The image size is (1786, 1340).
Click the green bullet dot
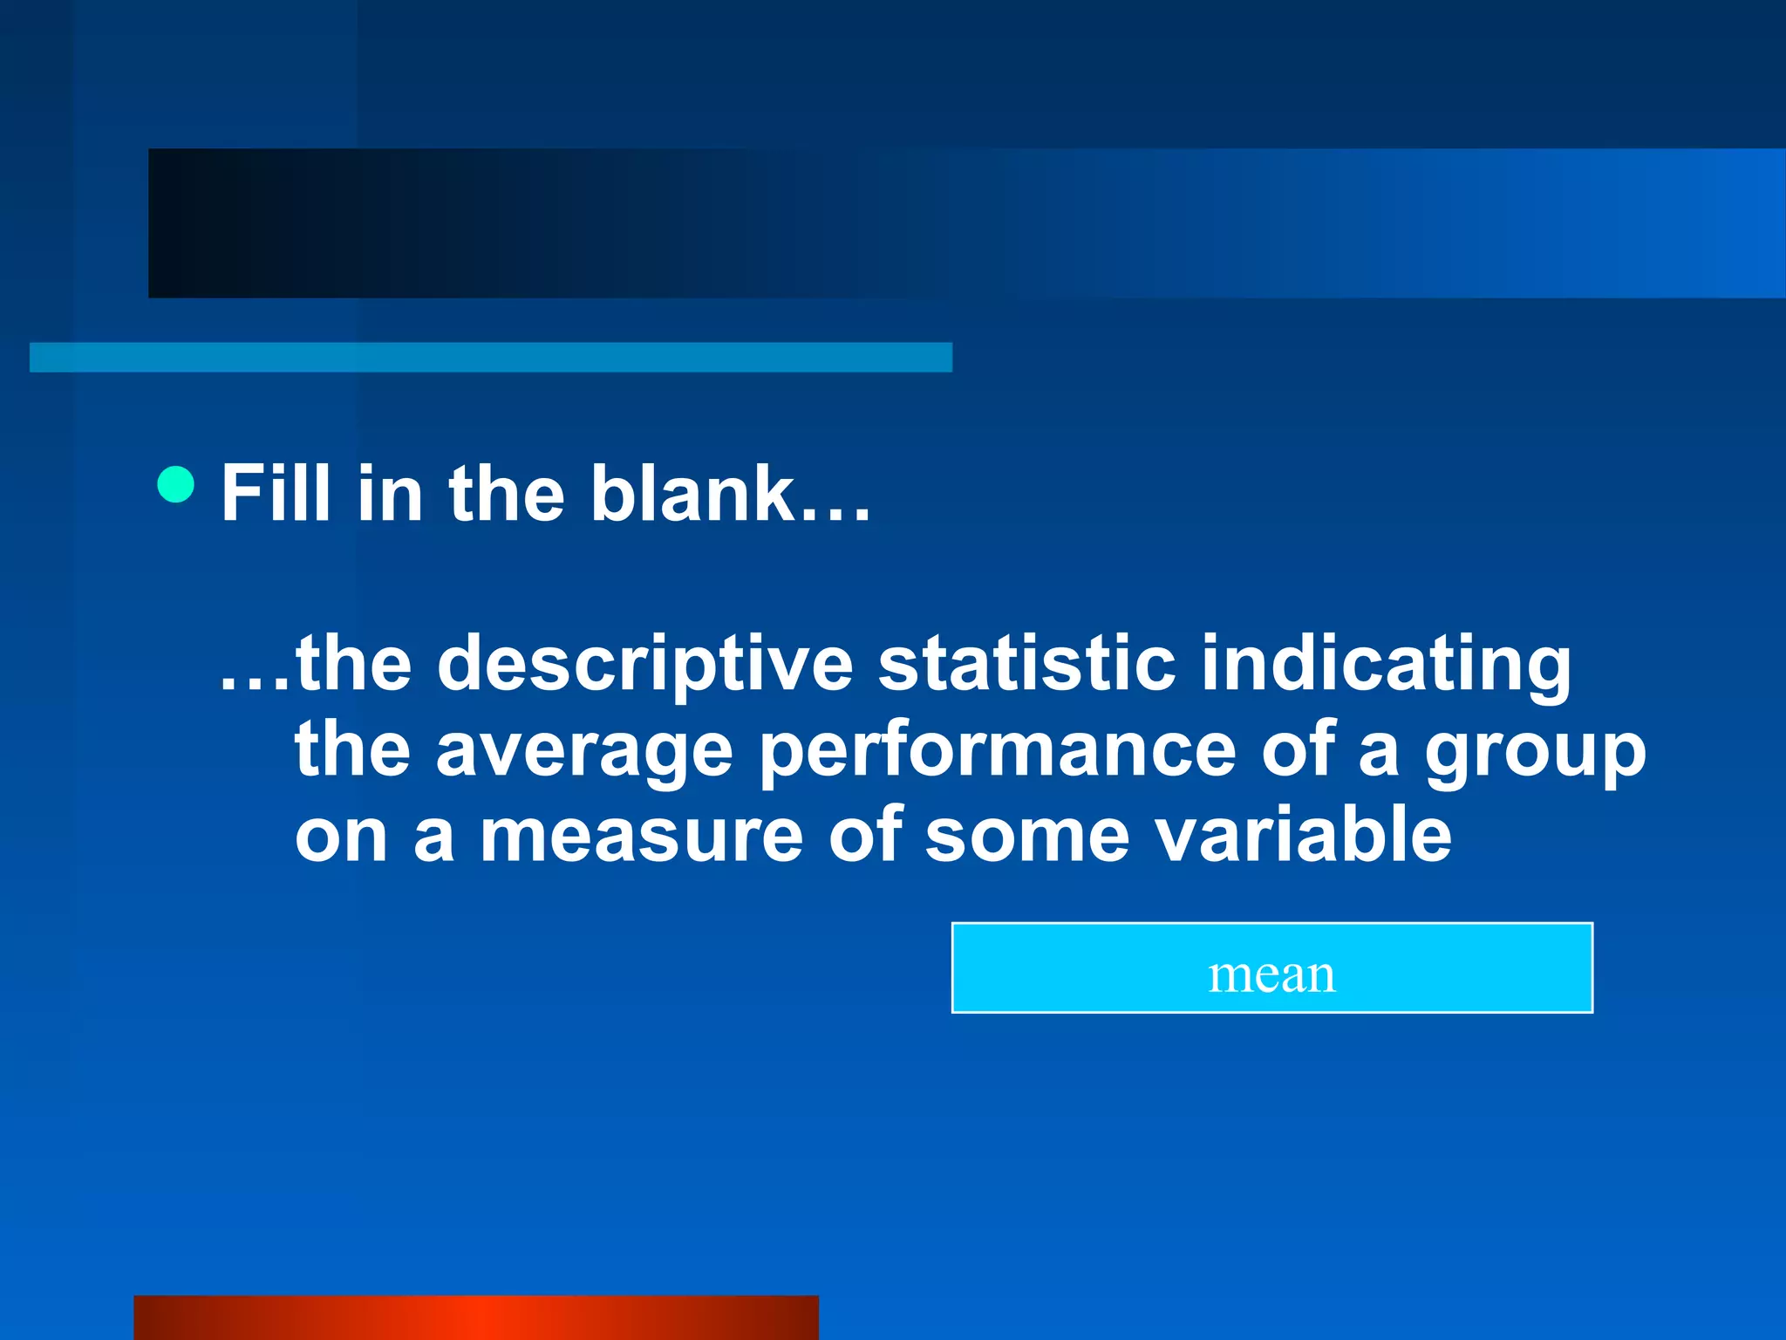pyautogui.click(x=176, y=484)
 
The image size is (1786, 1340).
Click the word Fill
pyautogui.click(x=276, y=494)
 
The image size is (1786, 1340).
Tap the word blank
pyautogui.click(x=692, y=494)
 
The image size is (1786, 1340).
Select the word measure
pyautogui.click(x=641, y=837)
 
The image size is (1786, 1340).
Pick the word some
pyautogui.click(x=1026, y=837)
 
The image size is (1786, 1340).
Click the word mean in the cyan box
pyautogui.click(x=1271, y=974)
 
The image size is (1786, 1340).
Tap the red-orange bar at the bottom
pyautogui.click(x=476, y=1317)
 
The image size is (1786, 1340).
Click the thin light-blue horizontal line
pyautogui.click(x=491, y=357)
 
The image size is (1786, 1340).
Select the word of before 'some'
pyautogui.click(x=865, y=835)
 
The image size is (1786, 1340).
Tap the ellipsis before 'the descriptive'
pyautogui.click(x=255, y=686)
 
